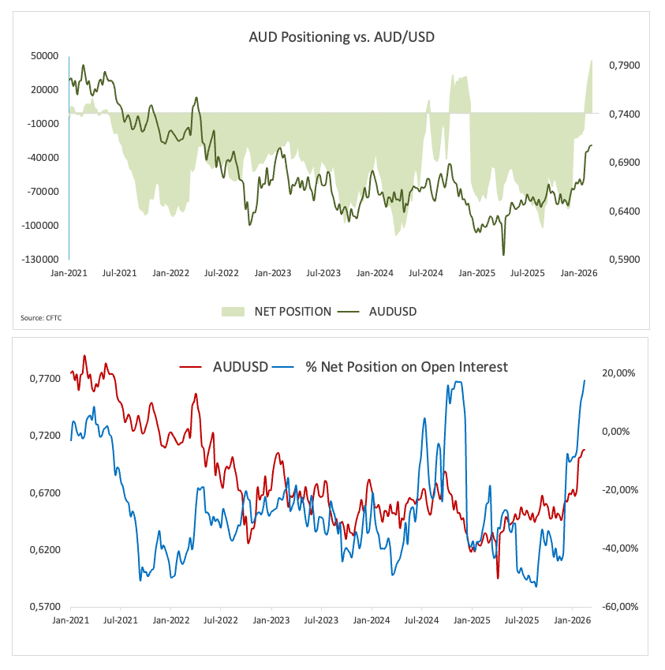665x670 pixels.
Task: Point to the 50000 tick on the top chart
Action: pyautogui.click(x=44, y=56)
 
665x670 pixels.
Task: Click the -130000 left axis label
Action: pyautogui.click(x=41, y=259)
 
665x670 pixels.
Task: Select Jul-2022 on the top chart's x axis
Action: pyautogui.click(x=221, y=274)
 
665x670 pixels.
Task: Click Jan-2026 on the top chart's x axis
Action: pyautogui.click(x=579, y=274)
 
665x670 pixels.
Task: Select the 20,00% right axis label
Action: pyautogui.click(x=617, y=373)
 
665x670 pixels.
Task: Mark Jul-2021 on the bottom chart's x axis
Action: pyautogui.click(x=121, y=622)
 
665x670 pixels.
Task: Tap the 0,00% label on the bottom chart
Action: pyautogui.click(x=618, y=432)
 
